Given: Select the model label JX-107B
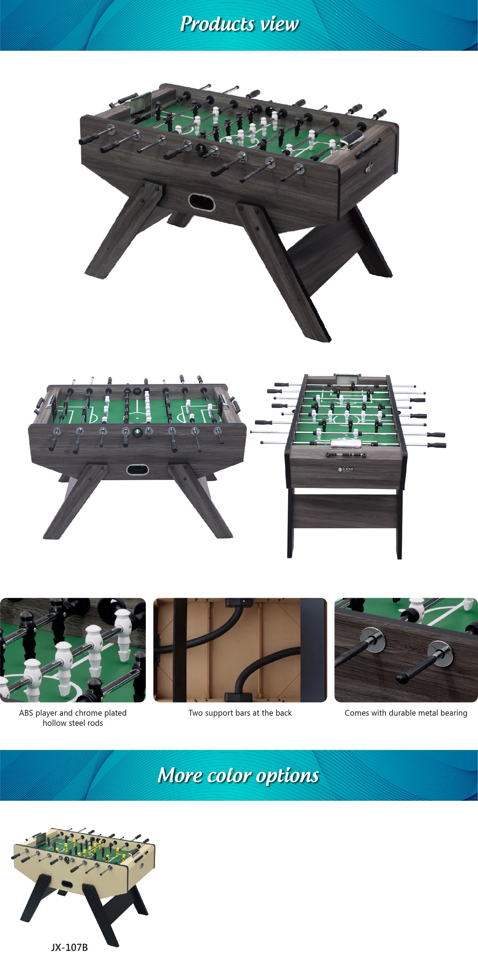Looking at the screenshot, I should [x=69, y=948].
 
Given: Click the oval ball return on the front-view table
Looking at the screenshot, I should [x=138, y=470].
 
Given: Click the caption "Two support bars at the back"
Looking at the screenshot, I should [x=240, y=713].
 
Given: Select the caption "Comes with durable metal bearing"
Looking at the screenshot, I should [x=406, y=713].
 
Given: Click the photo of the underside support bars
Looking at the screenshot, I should [x=240, y=650].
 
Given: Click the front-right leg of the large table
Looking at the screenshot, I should [x=288, y=273].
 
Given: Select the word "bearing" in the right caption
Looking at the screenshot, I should [x=454, y=713].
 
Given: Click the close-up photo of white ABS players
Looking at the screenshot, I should [x=73, y=650].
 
